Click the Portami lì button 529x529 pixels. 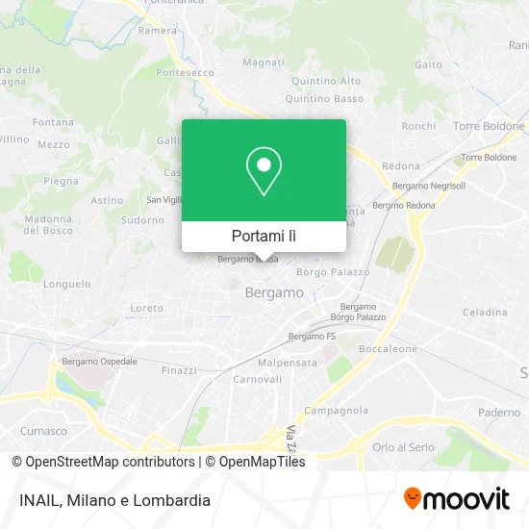(x=264, y=236)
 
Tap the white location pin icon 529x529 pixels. (x=264, y=170)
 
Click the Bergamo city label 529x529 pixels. (x=274, y=291)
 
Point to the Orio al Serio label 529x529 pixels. (x=404, y=447)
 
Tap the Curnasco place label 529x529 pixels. (x=44, y=431)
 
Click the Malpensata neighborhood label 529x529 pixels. (x=288, y=364)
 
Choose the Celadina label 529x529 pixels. (x=484, y=313)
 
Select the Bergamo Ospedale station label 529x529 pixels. (x=99, y=362)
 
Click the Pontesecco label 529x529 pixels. (x=185, y=72)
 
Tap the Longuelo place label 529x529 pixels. (x=67, y=285)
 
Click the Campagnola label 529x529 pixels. (x=336, y=411)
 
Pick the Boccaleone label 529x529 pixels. (x=388, y=348)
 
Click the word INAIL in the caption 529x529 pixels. (x=38, y=500)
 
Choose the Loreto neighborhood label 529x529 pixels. (x=147, y=309)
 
